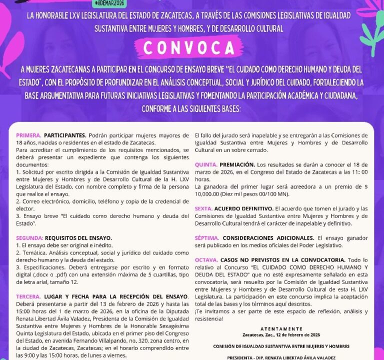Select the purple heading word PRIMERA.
tap(28, 135)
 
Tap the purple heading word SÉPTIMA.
tap(207, 238)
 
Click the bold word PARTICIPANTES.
tap(65, 135)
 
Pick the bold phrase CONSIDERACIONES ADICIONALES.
tap(268, 238)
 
